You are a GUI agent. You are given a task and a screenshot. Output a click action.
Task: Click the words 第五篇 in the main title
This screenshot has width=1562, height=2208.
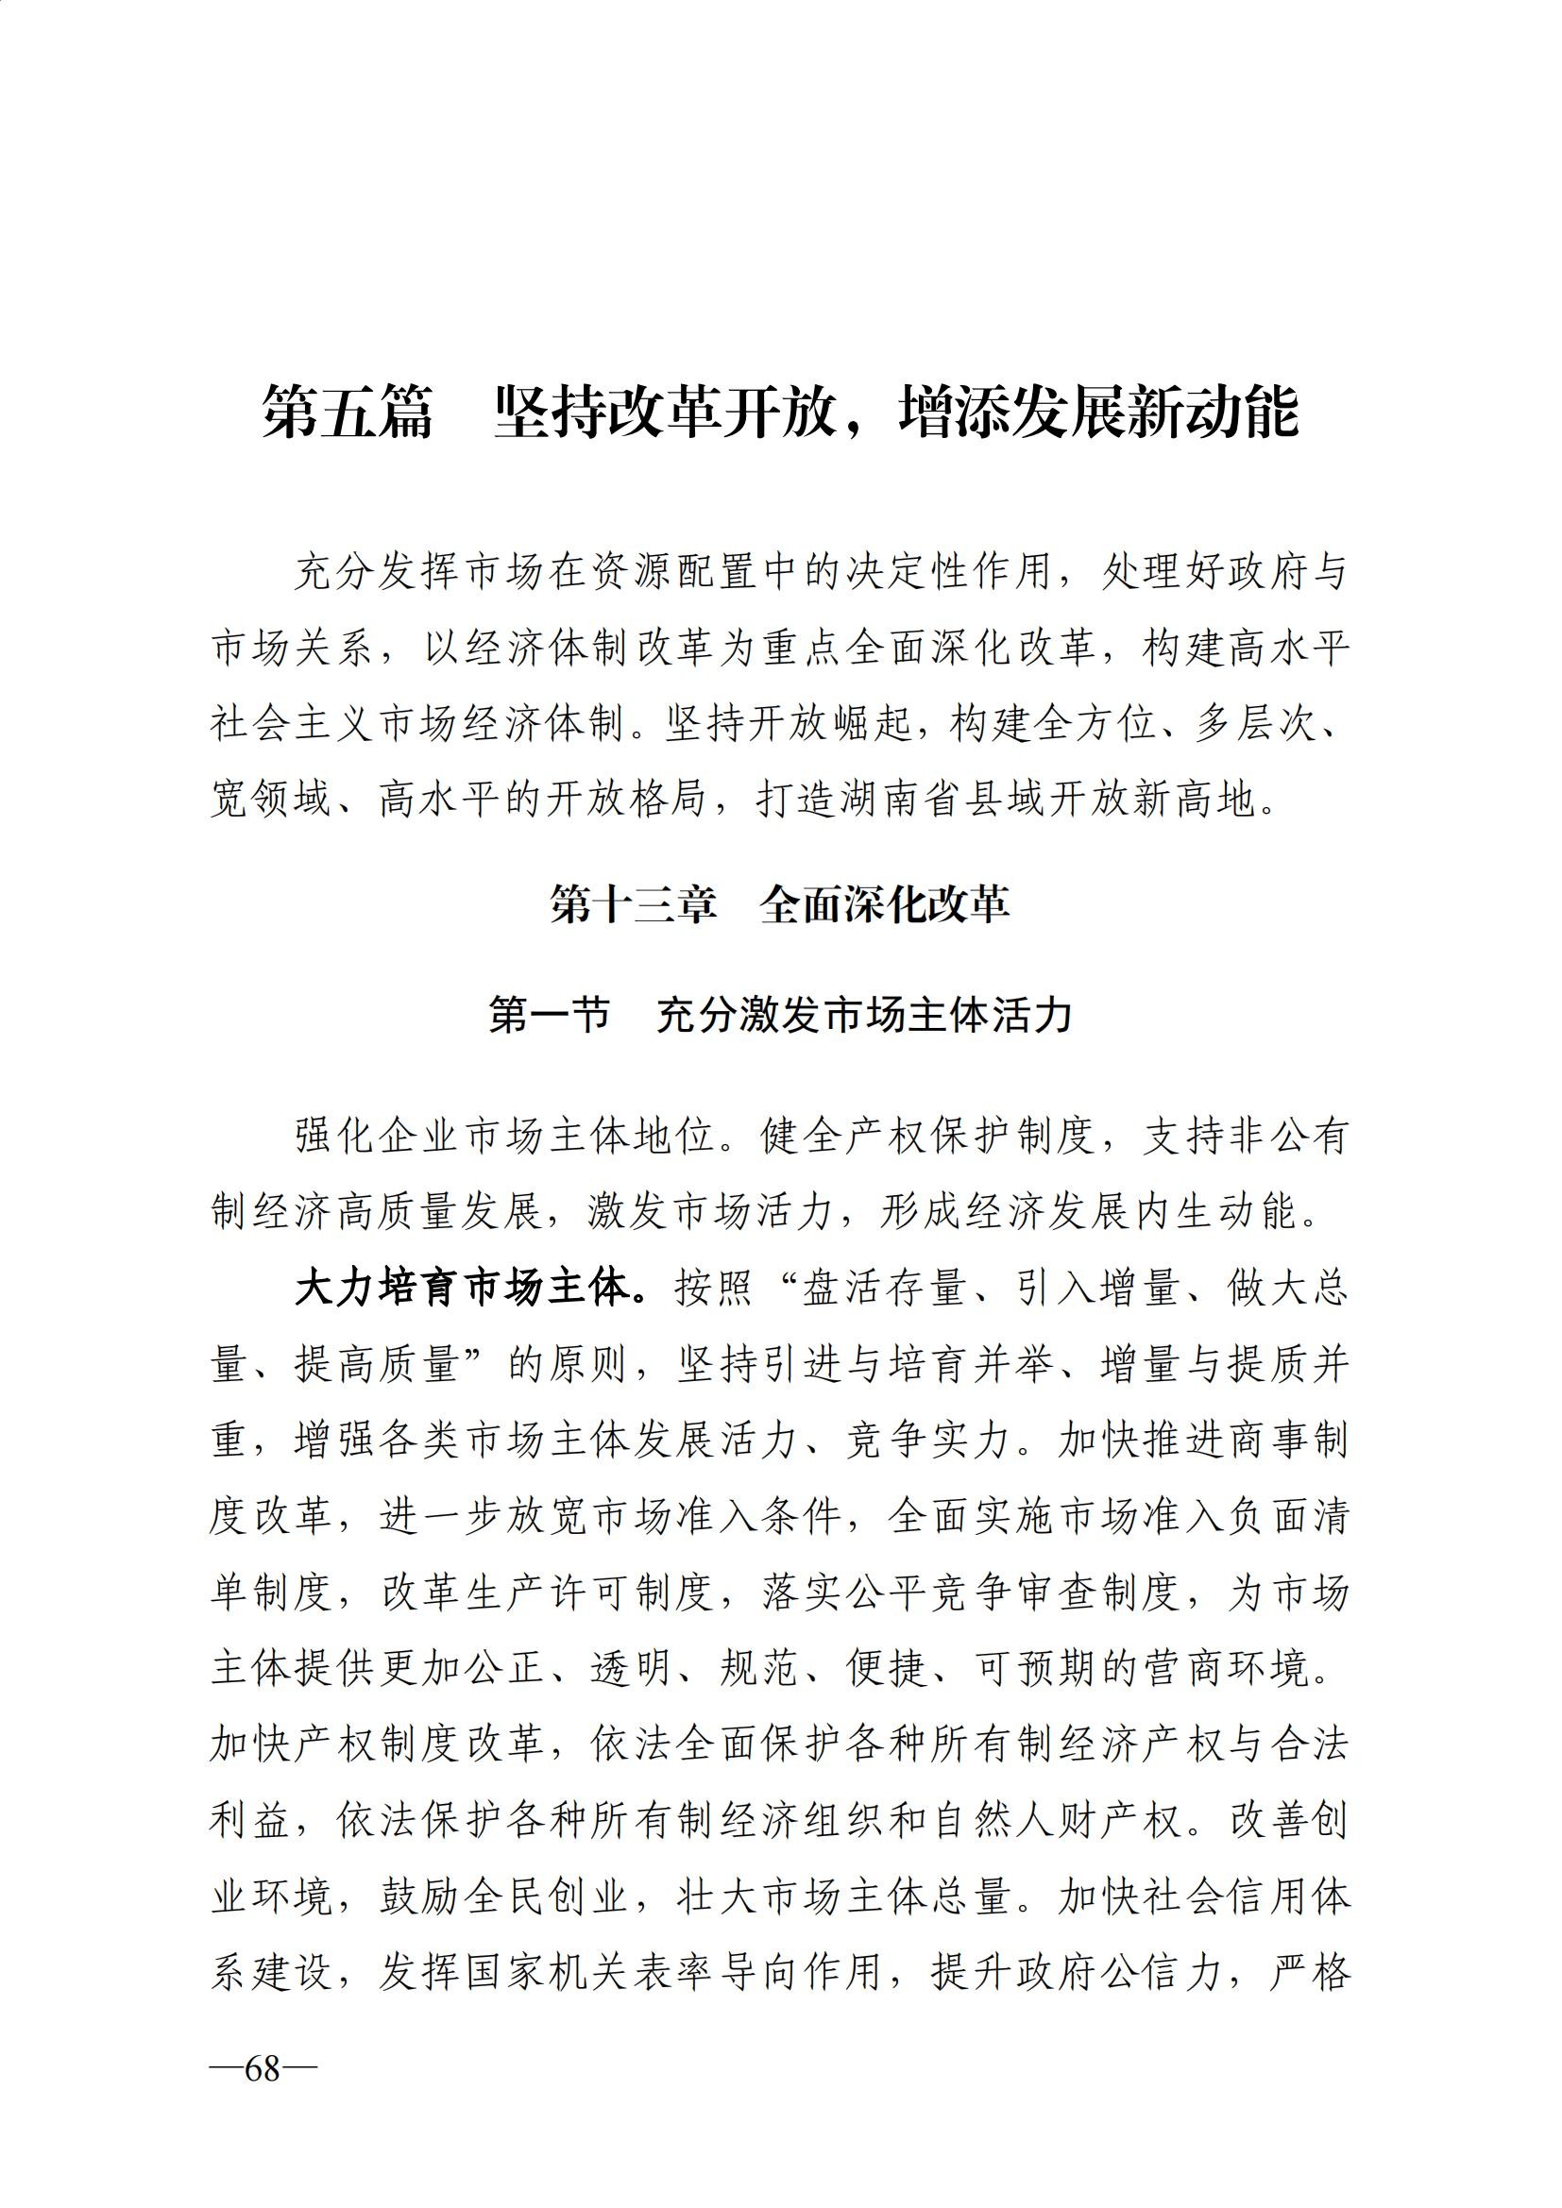(x=348, y=413)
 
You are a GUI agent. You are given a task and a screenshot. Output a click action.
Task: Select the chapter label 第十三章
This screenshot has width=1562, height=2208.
(x=633, y=905)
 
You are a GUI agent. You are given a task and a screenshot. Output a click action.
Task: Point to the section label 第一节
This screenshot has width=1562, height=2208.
(x=550, y=1016)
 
